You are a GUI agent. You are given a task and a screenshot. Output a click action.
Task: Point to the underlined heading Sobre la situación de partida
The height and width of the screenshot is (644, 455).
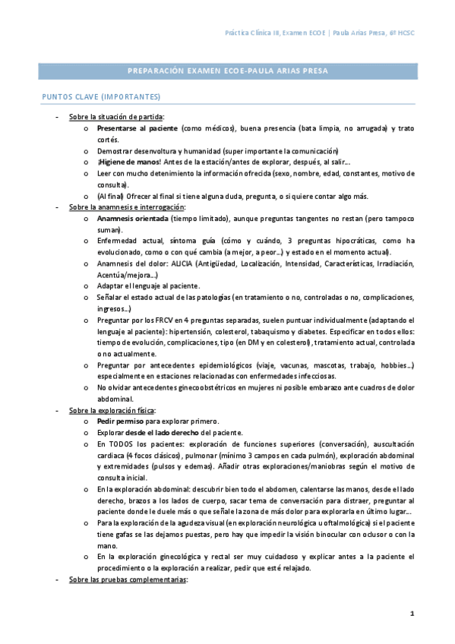(115, 118)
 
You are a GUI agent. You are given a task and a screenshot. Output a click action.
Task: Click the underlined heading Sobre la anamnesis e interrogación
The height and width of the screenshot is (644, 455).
(126, 207)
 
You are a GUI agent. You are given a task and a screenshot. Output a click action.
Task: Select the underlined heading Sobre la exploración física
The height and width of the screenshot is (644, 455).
(112, 410)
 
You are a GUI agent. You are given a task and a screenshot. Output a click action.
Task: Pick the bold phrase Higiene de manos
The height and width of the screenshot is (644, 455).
(129, 162)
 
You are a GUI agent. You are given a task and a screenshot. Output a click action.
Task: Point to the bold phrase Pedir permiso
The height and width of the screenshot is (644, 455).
(122, 421)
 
